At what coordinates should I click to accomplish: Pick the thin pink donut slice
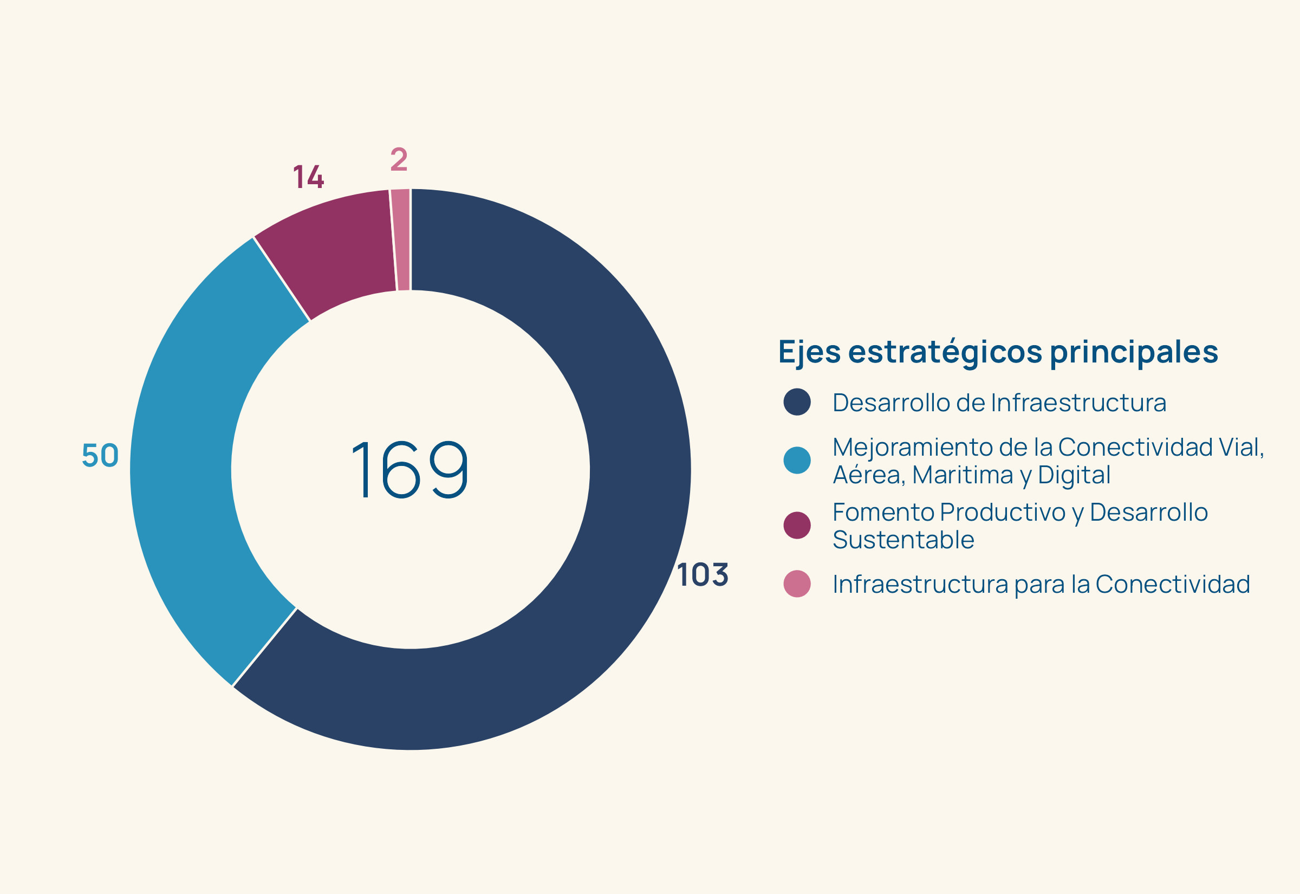[x=401, y=239]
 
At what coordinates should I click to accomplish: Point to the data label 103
[x=702, y=575]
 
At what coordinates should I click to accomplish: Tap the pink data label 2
[x=399, y=160]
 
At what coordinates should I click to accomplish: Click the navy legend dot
[x=797, y=401]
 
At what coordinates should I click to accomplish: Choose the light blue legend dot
[x=797, y=460]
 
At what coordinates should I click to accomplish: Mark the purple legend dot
[x=797, y=525]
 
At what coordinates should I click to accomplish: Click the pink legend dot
[x=797, y=584]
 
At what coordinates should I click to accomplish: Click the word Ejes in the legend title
[x=809, y=352]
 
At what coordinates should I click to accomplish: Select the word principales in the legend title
[x=1133, y=352]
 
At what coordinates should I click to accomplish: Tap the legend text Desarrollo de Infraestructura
[x=999, y=402]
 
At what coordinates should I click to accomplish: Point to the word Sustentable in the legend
[x=903, y=540]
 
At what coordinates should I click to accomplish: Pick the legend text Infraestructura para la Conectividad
[x=1041, y=584]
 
